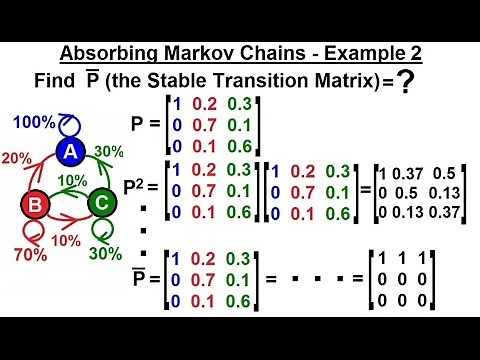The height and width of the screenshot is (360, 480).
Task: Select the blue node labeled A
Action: coord(69,152)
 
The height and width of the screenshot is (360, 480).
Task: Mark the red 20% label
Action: coord(15,158)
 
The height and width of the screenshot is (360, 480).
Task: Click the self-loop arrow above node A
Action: coord(66,124)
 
